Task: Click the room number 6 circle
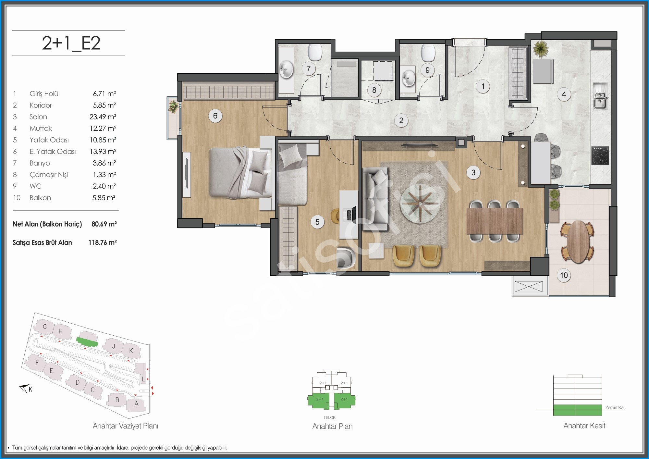click(x=215, y=116)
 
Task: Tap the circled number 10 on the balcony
click(x=564, y=275)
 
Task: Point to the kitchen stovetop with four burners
click(x=600, y=155)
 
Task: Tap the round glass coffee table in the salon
click(x=420, y=204)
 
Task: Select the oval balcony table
click(x=578, y=242)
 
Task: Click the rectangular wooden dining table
click(x=495, y=221)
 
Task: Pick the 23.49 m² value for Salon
click(x=103, y=117)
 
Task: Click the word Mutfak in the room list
click(x=41, y=129)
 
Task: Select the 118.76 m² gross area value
click(x=103, y=242)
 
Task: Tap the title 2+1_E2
click(x=71, y=43)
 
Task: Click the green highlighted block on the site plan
click(x=87, y=341)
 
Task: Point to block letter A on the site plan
click(x=137, y=404)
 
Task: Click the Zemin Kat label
click(x=615, y=408)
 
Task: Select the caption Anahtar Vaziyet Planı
click(x=125, y=426)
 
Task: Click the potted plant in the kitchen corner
click(x=541, y=49)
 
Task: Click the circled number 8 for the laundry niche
click(x=374, y=90)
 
